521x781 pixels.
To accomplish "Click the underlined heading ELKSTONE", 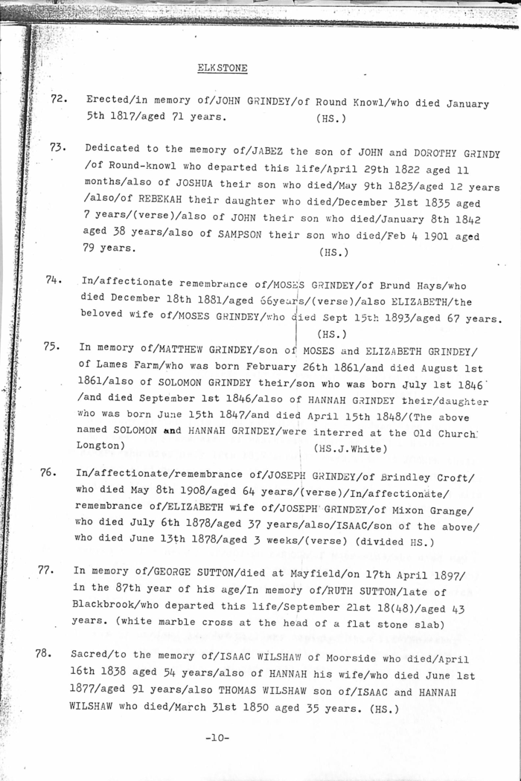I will pos(223,68).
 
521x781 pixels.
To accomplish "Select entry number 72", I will pos(59,100).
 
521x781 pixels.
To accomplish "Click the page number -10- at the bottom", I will pos(217,738).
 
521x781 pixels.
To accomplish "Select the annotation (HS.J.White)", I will pos(351,448).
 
